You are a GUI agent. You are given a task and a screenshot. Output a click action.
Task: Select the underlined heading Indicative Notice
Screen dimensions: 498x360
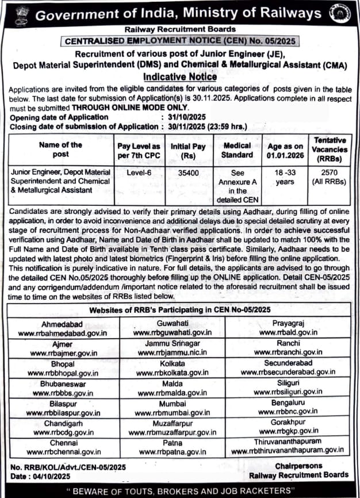click(180, 76)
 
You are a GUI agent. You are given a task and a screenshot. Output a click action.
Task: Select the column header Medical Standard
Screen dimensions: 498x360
click(238, 150)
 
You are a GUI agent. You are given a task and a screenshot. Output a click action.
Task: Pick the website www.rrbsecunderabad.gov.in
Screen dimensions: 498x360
click(288, 373)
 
